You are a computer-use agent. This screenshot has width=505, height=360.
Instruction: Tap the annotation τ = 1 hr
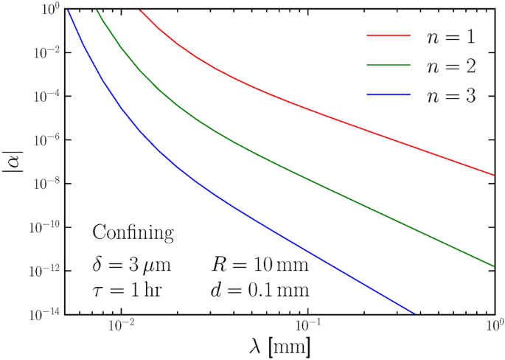tap(128, 290)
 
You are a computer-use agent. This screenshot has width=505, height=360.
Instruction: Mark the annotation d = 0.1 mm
tap(260, 290)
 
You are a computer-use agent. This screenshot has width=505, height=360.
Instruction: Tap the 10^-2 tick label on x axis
tap(119, 325)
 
